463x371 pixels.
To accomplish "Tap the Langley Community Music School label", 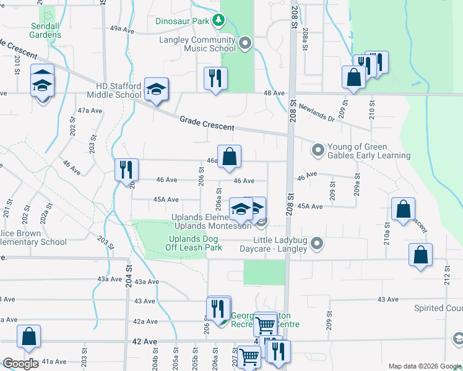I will pyautogui.click(x=196, y=44).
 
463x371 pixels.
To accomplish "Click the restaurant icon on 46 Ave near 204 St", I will pyautogui.click(x=126, y=169).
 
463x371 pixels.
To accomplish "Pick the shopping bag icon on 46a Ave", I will pyautogui.click(x=229, y=156).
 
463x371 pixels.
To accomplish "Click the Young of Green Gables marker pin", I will pyautogui.click(x=318, y=150).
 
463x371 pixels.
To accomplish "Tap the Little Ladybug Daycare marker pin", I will pyautogui.click(x=318, y=244).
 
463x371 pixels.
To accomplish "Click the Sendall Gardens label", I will pyautogui.click(x=46, y=30).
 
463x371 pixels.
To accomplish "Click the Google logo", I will pyautogui.click(x=20, y=364).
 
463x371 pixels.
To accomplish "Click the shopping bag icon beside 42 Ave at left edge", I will pyautogui.click(x=28, y=336).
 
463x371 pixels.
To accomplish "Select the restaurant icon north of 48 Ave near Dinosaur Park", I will pyautogui.click(x=215, y=79).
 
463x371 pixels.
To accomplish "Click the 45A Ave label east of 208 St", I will pyautogui.click(x=310, y=207).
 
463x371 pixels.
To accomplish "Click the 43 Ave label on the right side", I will pyautogui.click(x=388, y=299).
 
